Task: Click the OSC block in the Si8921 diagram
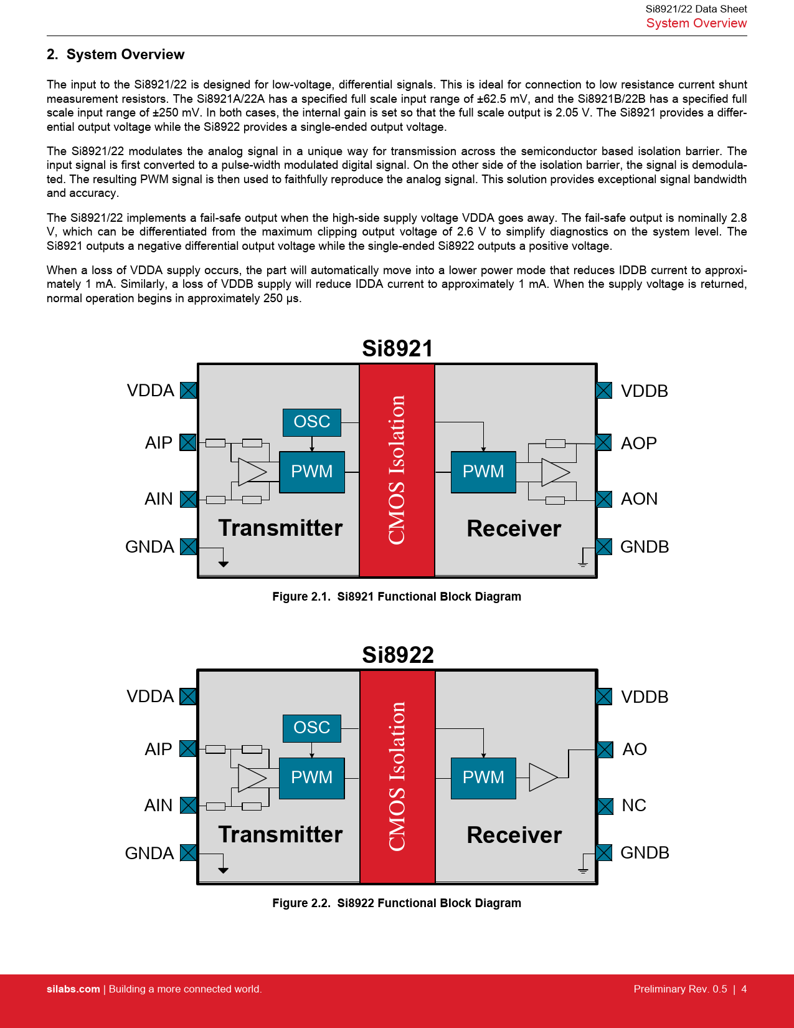311,422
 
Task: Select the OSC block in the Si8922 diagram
311,728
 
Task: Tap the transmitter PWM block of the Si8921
311,472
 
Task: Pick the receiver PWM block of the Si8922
483,778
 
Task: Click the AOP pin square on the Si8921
603,442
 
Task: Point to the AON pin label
639,499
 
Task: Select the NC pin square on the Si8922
604,806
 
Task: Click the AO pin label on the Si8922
635,749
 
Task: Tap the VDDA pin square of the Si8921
188,390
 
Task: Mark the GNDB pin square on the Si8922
603,852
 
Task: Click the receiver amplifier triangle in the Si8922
542,778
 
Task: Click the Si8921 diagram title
397,348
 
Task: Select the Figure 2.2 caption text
397,903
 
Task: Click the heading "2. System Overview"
115,54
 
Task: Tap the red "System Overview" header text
696,23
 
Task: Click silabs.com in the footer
73,989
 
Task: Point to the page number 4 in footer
744,989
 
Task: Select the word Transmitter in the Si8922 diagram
280,834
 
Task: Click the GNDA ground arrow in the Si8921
223,563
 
